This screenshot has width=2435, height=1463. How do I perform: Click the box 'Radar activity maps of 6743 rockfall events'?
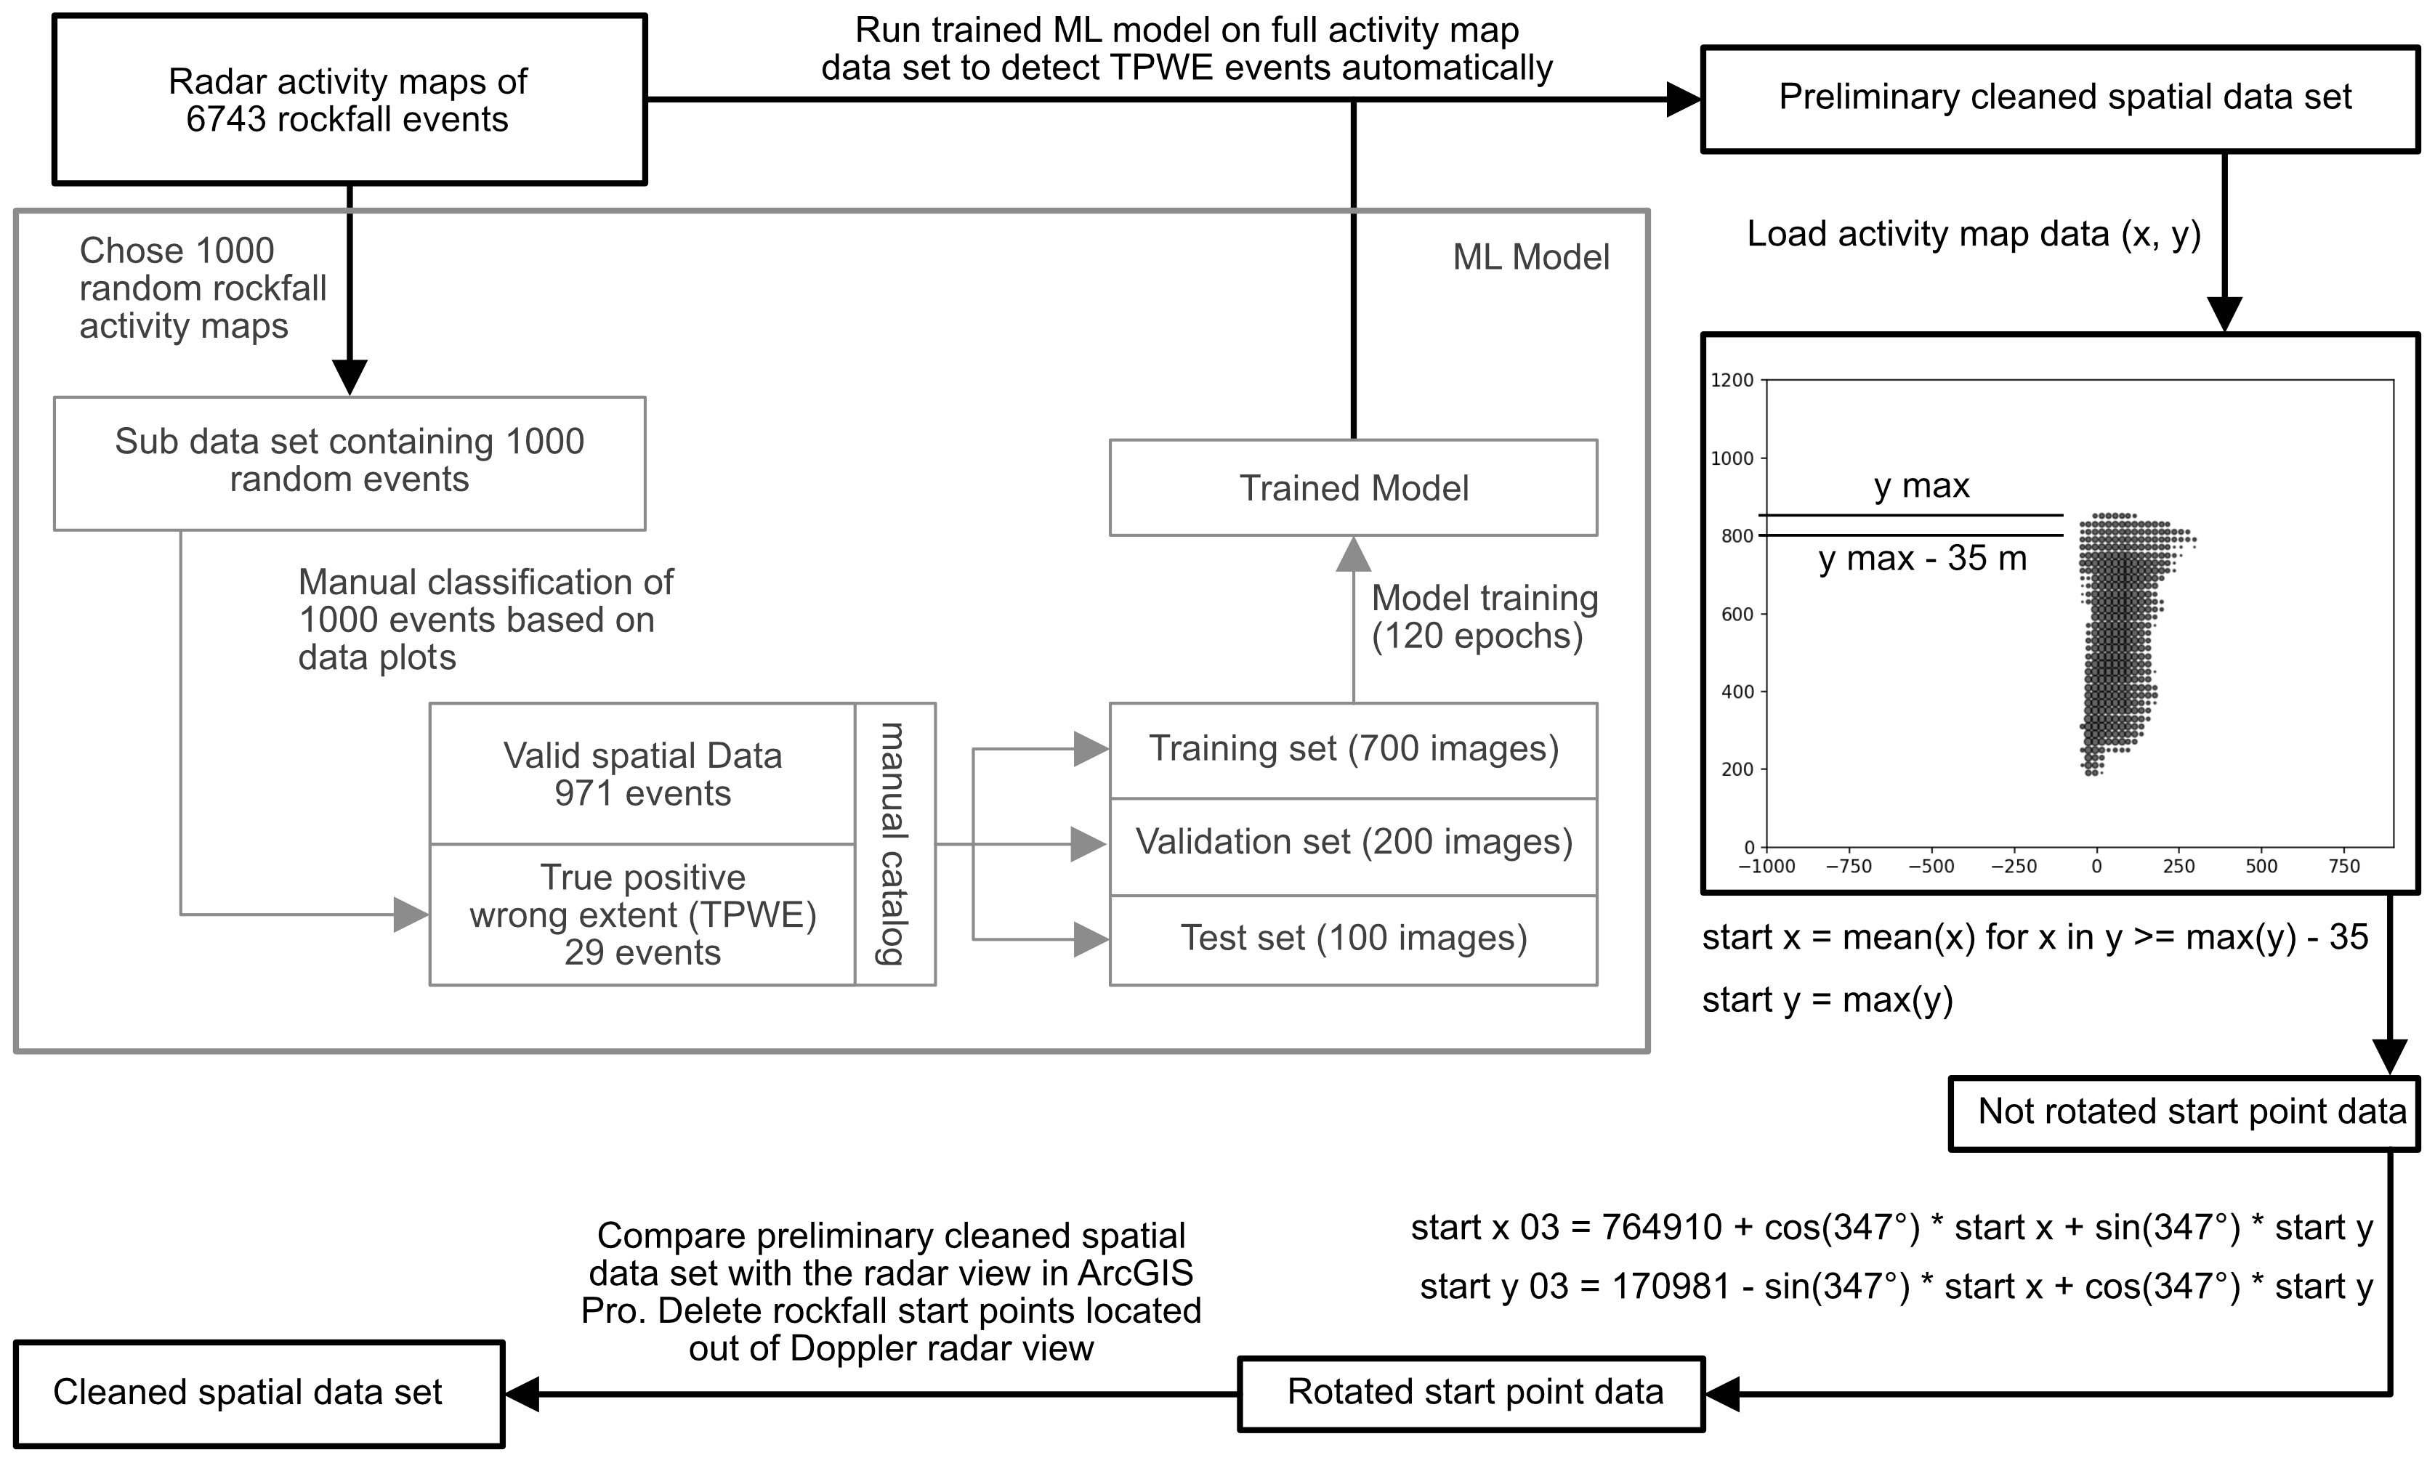[349, 100]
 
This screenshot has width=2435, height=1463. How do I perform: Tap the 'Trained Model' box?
[1353, 488]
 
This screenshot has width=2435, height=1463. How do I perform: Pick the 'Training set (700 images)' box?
[1353, 749]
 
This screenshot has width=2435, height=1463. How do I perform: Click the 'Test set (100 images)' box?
[1353, 939]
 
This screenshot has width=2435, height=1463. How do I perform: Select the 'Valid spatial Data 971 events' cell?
[642, 774]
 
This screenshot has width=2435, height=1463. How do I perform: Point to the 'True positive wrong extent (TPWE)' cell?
[642, 915]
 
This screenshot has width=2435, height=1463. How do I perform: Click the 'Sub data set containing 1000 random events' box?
[349, 461]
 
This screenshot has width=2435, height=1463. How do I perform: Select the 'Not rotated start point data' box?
[2184, 1113]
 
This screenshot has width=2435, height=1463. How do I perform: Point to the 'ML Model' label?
[1530, 257]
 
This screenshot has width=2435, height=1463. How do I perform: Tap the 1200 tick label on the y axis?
[1732, 381]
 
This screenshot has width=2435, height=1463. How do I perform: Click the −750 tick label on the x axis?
[1848, 867]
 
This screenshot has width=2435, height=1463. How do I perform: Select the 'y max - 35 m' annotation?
[1922, 559]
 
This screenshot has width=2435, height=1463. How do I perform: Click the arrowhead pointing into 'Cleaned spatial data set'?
[522, 1394]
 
